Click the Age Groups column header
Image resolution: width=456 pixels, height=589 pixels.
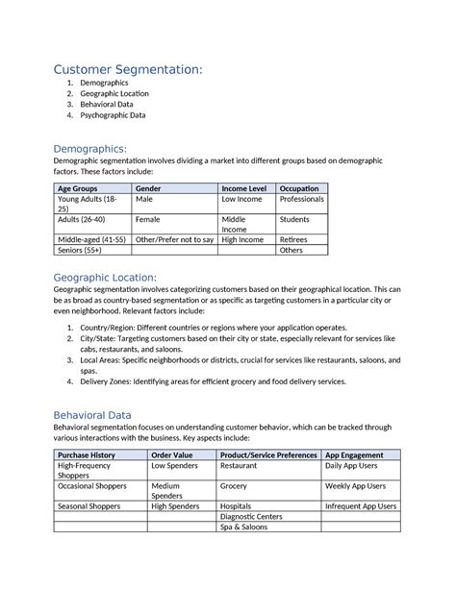pos(78,188)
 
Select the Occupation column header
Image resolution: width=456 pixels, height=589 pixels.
pos(300,188)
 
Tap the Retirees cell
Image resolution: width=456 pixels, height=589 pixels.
pos(293,239)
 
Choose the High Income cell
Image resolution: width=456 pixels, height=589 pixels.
pos(243,239)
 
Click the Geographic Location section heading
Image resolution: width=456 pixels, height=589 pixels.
pos(119,278)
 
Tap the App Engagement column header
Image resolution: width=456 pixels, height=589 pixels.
pos(355,454)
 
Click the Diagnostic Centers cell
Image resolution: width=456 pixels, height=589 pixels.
pos(251,516)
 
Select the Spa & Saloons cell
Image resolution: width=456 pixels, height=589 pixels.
pos(244,528)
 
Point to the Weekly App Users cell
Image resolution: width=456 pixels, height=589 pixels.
pos(356,486)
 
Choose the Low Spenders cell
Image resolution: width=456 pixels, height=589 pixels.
pos(174,465)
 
